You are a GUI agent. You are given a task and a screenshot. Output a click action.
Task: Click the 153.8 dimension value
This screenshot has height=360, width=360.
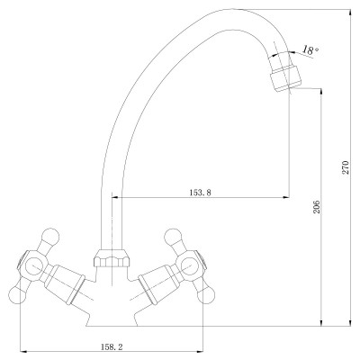[200, 193]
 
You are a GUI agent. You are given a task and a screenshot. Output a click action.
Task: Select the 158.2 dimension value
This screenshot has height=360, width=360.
[112, 347]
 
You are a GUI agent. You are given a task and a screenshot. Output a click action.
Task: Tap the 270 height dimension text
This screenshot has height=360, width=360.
[346, 167]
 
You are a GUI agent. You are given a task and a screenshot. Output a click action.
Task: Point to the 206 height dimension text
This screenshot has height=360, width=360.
[317, 207]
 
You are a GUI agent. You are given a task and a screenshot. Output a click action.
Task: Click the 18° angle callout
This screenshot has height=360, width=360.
[310, 49]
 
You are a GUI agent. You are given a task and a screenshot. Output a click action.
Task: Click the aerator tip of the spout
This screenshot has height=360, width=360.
[285, 78]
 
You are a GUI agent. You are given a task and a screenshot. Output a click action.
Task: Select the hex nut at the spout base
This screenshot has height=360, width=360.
[112, 258]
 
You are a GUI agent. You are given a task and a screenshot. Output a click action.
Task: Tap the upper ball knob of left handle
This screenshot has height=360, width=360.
[50, 237]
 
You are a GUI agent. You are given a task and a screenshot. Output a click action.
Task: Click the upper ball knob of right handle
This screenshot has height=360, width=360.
[173, 237]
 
